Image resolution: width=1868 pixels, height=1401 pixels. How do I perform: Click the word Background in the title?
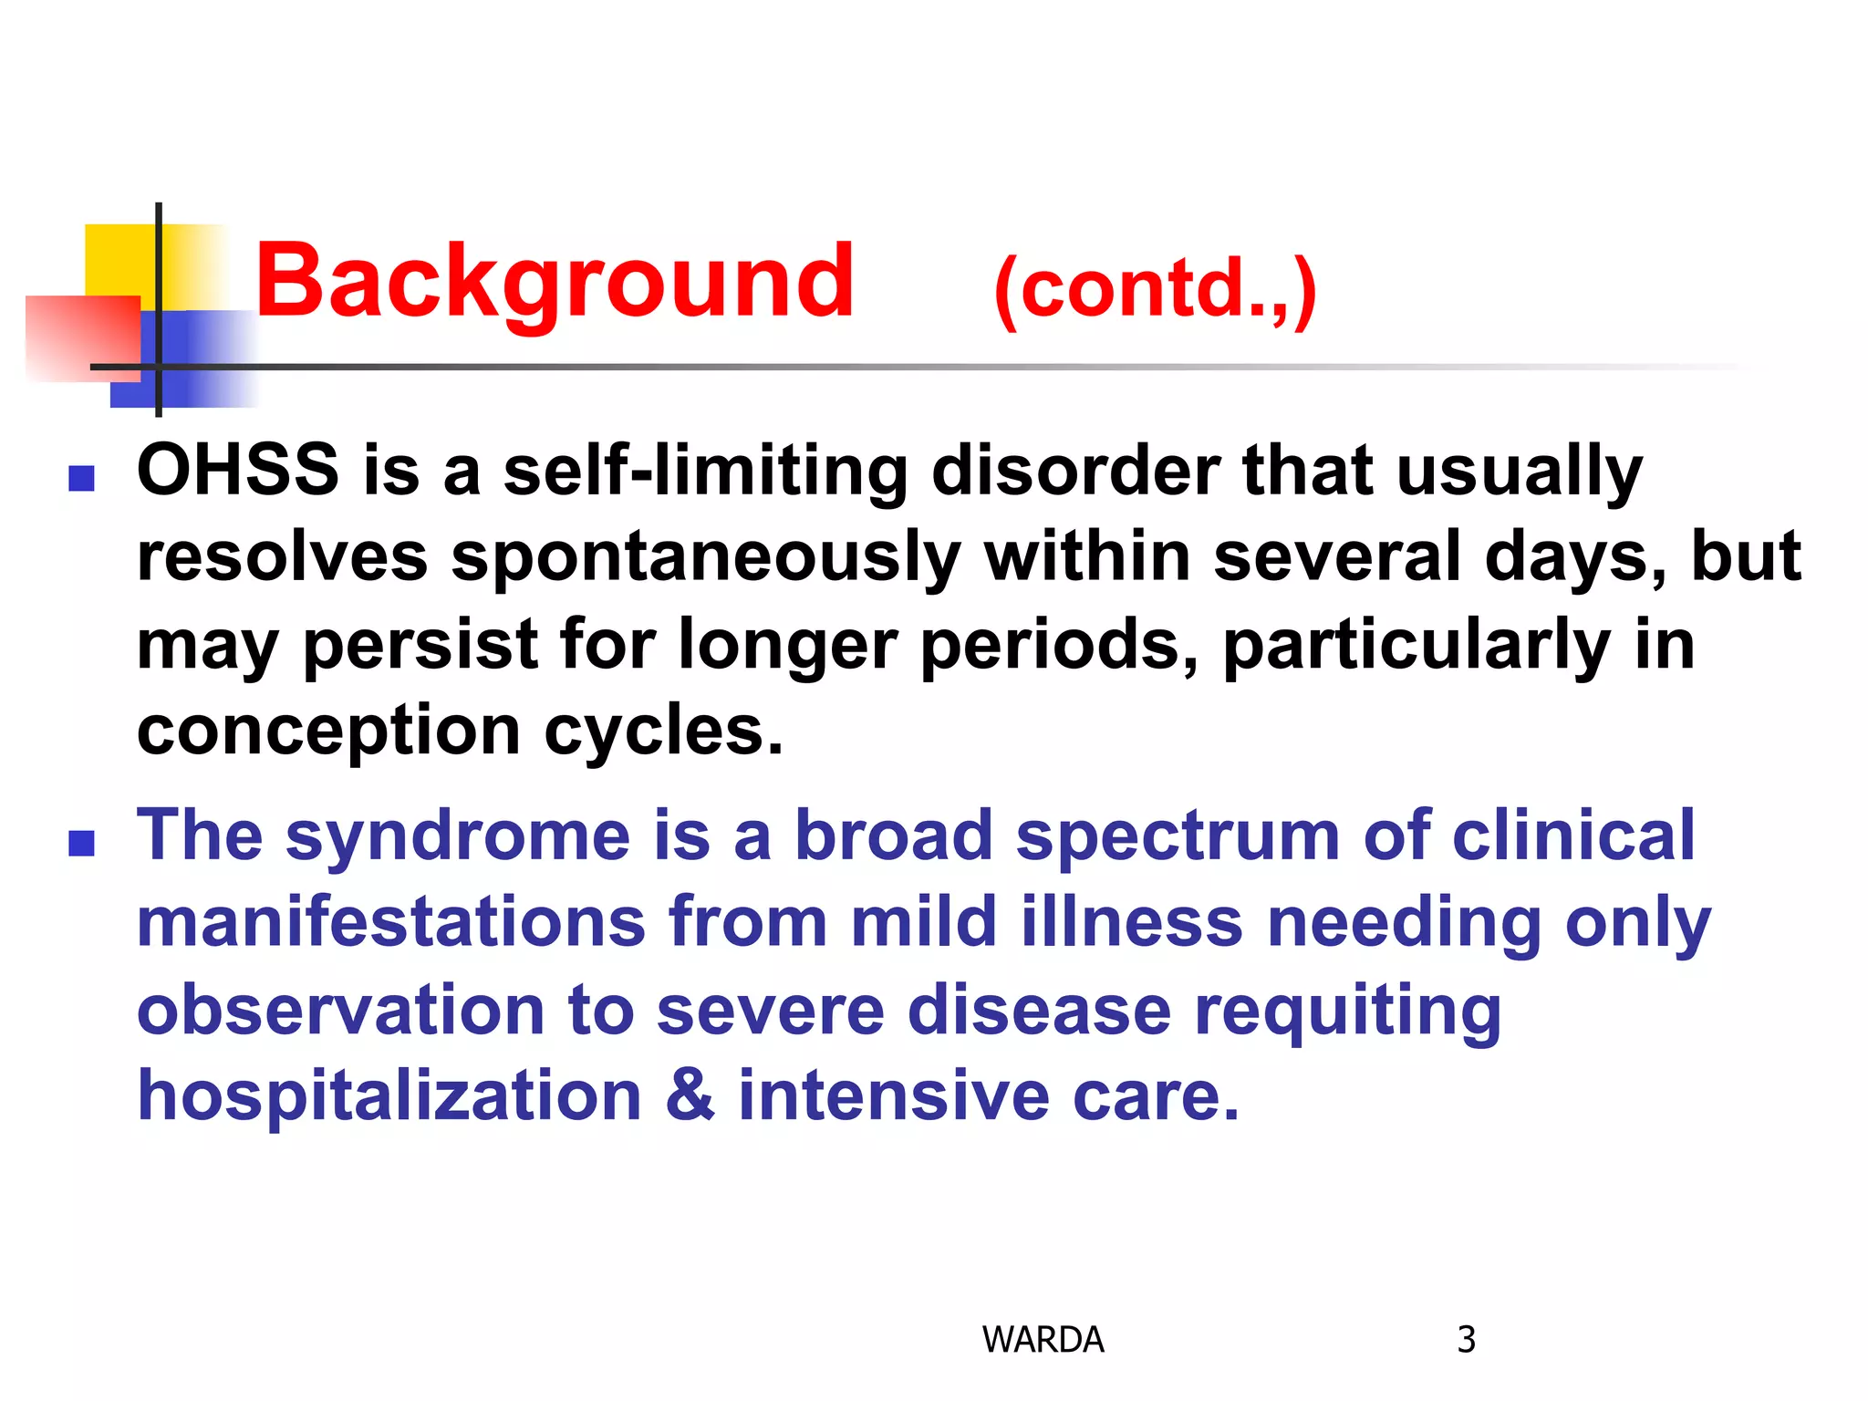coord(554,283)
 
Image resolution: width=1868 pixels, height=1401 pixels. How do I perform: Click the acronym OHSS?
coord(238,471)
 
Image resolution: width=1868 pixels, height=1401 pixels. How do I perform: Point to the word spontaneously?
coord(706,558)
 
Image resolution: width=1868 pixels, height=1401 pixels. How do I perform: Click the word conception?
coord(328,732)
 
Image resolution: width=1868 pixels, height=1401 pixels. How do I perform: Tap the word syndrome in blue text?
coord(458,836)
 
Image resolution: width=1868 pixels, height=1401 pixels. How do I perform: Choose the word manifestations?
coord(390,922)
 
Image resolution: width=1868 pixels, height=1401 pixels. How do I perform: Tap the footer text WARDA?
coord(1043,1340)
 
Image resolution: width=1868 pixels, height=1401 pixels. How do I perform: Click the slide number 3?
coord(1466,1340)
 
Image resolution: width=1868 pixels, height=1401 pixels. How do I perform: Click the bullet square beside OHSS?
coord(82,479)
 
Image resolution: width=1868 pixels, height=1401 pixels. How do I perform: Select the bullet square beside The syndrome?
coord(82,844)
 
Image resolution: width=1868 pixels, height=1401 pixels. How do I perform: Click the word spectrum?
coord(1178,836)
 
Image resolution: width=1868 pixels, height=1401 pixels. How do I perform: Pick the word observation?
coord(340,1012)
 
